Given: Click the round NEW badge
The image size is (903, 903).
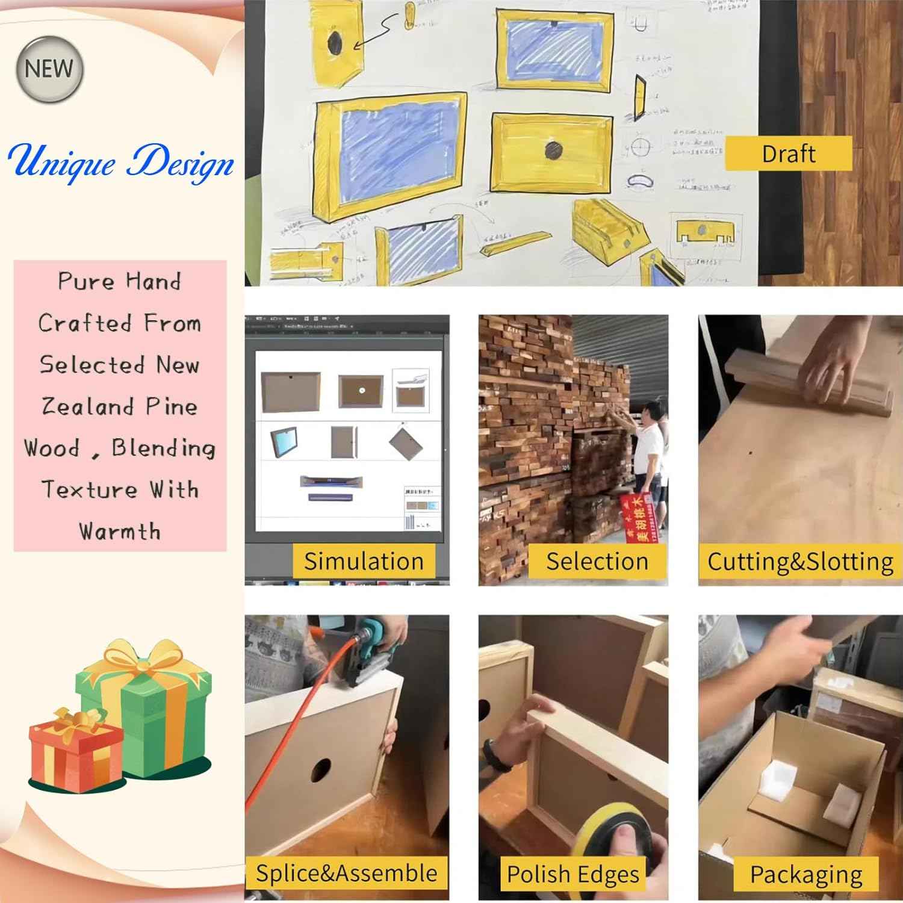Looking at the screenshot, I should click(49, 69).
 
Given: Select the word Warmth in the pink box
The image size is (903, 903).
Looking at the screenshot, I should click(120, 532).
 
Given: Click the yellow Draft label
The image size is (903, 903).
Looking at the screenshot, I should click(788, 154).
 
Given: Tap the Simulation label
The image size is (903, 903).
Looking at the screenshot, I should click(364, 561).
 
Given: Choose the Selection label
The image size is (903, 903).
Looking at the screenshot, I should click(597, 561).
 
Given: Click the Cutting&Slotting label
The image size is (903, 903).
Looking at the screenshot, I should click(800, 561).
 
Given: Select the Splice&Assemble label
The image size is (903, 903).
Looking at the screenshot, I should click(346, 873).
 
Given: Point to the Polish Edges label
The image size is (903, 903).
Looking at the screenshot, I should click(573, 874).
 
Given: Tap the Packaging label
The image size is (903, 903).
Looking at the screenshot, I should click(806, 874).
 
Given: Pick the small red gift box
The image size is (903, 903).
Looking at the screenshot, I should click(75, 752).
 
